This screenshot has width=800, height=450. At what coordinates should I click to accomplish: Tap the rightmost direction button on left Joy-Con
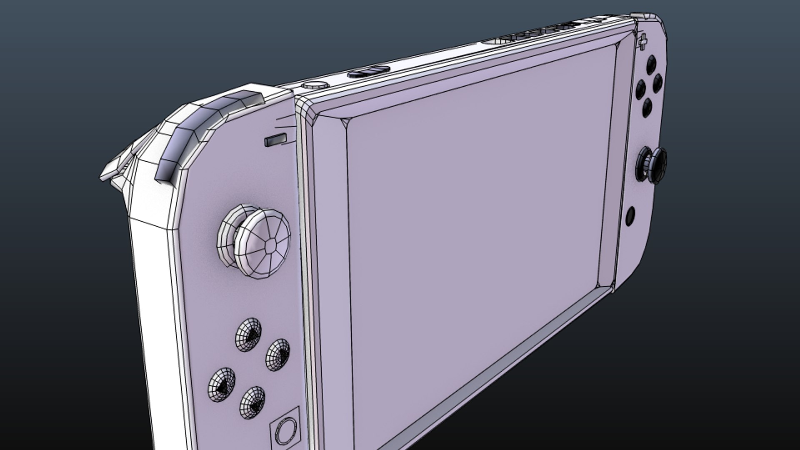[278, 354]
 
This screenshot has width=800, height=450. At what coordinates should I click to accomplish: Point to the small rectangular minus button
[275, 140]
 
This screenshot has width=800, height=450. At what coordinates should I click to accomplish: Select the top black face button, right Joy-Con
[650, 65]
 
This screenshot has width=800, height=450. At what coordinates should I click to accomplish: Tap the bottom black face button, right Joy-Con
[647, 107]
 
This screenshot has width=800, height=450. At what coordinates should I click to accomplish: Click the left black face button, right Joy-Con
[641, 88]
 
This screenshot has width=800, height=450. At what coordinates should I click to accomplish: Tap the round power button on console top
[315, 85]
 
